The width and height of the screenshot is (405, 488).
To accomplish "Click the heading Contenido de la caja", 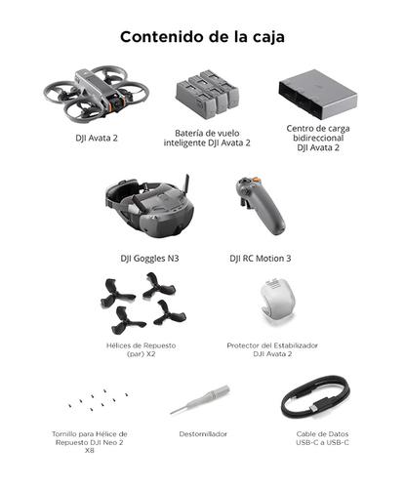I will click(x=203, y=38).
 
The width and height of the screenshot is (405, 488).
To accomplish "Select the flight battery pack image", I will click(x=205, y=96).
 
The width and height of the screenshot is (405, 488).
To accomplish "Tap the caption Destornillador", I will click(x=205, y=433).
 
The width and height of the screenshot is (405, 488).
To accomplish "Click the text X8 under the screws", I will click(x=89, y=450).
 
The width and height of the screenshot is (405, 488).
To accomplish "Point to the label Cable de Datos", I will click(x=314, y=433).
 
